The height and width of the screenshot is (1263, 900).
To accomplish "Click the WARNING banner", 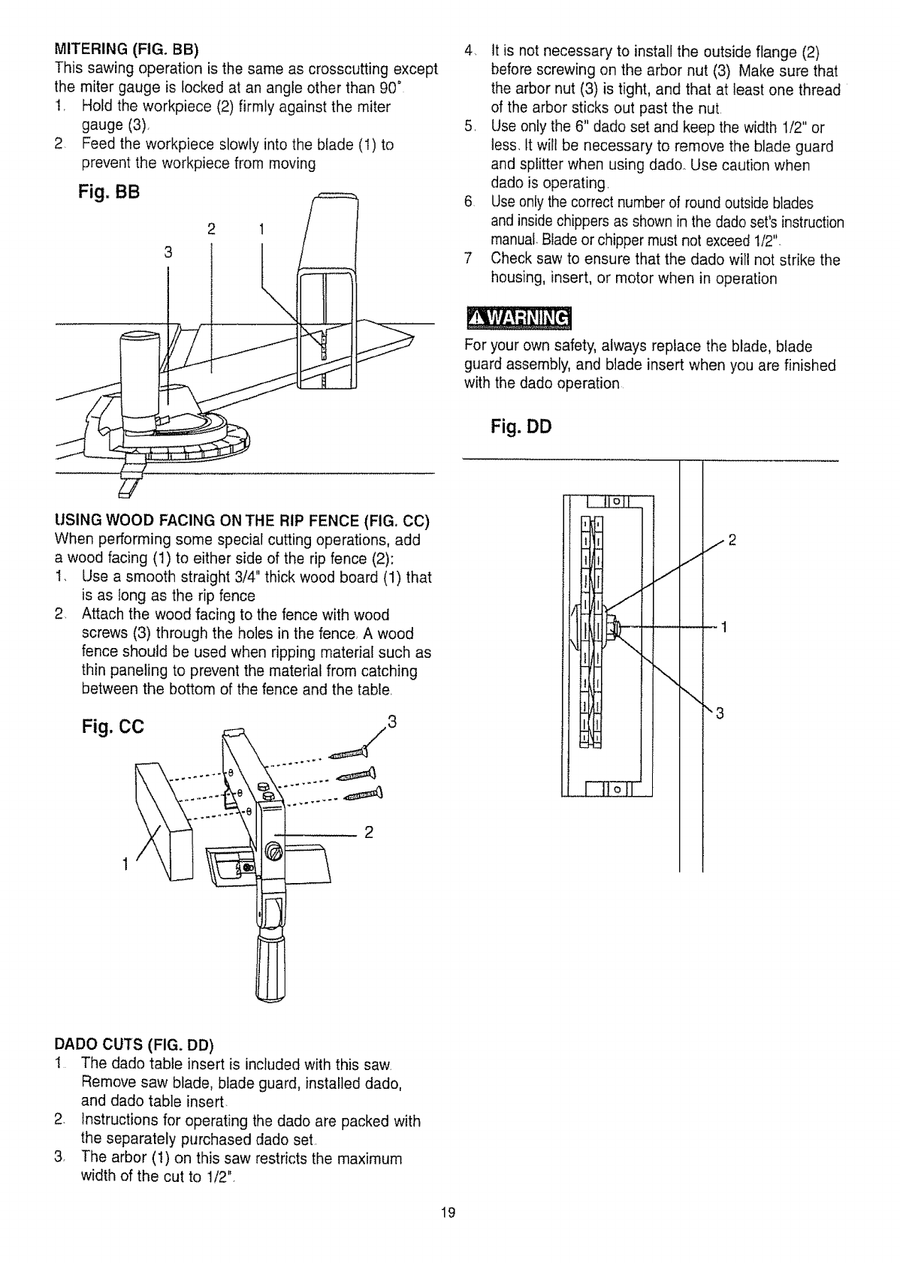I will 518,319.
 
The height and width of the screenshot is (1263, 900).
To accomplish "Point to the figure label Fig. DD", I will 521,427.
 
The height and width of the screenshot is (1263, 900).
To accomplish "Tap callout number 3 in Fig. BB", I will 168,253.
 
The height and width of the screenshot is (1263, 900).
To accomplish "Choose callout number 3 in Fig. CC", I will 390,724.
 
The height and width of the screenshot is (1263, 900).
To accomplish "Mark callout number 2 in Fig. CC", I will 369,832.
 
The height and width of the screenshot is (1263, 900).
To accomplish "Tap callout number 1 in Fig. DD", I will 723,627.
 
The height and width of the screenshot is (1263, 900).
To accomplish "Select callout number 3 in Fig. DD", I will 718,713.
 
